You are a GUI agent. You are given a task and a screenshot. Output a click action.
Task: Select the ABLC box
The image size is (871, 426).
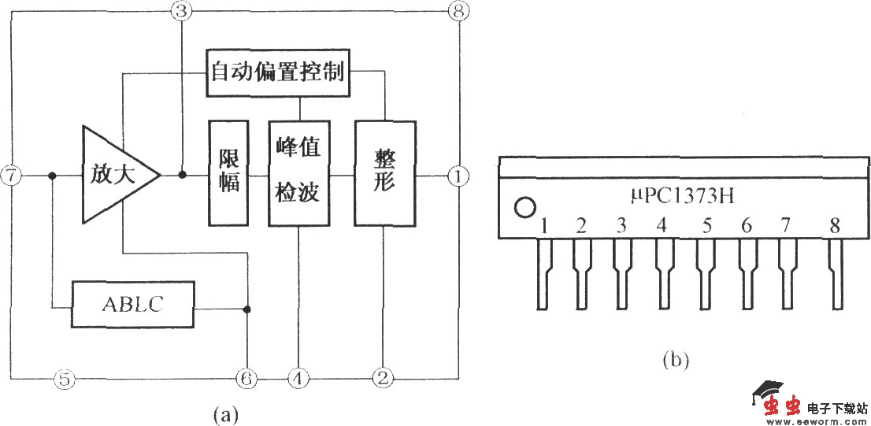(134, 304)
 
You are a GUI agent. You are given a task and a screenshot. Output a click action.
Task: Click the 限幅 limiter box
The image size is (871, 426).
(228, 173)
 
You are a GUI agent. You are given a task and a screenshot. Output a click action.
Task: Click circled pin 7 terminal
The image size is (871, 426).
(11, 176)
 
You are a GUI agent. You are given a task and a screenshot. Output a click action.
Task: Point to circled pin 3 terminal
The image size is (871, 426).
(181, 11)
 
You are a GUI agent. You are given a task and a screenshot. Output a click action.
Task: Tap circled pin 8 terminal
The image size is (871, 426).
(457, 11)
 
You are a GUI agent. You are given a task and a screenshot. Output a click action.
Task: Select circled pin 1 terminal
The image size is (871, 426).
(457, 176)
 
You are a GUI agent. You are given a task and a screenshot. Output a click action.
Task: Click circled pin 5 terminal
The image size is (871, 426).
(65, 379)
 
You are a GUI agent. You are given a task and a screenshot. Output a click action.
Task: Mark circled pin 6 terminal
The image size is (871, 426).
(246, 379)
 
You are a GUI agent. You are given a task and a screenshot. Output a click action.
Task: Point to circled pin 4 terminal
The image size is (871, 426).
(298, 379)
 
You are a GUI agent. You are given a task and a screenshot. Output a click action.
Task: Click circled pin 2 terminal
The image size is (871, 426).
(383, 379)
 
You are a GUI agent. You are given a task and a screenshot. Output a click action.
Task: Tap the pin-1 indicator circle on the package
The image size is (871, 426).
(524, 209)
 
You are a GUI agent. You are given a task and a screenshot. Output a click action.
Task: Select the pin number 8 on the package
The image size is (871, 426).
(834, 227)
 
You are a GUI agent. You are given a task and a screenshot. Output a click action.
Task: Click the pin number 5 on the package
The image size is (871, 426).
(706, 227)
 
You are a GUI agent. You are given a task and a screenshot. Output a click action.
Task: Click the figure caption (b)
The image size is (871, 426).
(675, 361)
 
